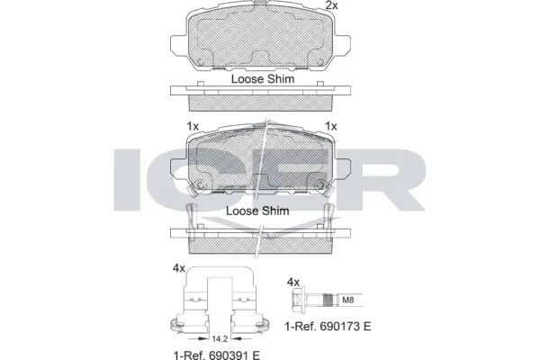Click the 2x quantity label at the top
pyautogui.click(x=331, y=6)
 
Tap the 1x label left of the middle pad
pyautogui.click(x=192, y=127)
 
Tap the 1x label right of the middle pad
pyautogui.click(x=330, y=127)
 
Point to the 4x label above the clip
pyautogui.click(x=179, y=269)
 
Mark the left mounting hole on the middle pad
pyautogui.click(x=201, y=187)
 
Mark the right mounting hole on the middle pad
pyautogui.click(x=324, y=187)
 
